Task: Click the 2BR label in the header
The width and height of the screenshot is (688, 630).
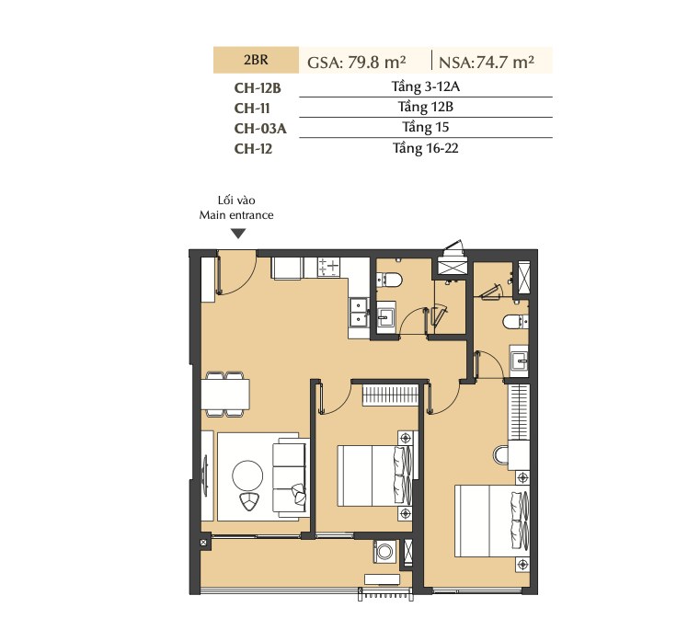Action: pos(256,60)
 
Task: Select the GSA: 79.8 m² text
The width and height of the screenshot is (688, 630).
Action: pos(356,63)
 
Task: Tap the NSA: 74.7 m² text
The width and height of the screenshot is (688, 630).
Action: pos(487,63)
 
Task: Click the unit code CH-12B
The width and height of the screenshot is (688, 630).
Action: pos(258,87)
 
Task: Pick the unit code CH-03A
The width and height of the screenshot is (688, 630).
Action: pos(260,128)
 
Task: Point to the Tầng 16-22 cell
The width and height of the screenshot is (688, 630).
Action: pos(426,148)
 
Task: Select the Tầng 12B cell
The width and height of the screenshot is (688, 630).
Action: pos(426,107)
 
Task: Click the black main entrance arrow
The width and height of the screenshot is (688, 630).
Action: pos(238,234)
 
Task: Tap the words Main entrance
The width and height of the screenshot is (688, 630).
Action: pos(236,215)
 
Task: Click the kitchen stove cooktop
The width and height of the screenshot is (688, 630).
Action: pos(328,267)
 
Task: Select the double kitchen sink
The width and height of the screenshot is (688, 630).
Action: pos(359,312)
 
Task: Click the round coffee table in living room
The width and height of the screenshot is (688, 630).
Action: pos(247,475)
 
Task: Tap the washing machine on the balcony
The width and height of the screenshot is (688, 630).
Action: pos(384,552)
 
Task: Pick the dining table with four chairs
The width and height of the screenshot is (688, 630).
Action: pos(225,394)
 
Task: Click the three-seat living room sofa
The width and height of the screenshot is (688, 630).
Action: pos(290,477)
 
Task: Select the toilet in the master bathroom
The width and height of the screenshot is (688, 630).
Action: pos(515,322)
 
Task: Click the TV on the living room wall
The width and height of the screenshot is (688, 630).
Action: pos(204,476)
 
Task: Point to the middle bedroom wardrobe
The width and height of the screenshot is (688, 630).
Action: pos(391,395)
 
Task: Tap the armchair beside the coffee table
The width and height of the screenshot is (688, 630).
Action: pos(249,501)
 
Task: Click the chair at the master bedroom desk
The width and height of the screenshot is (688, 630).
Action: pos(500,455)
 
